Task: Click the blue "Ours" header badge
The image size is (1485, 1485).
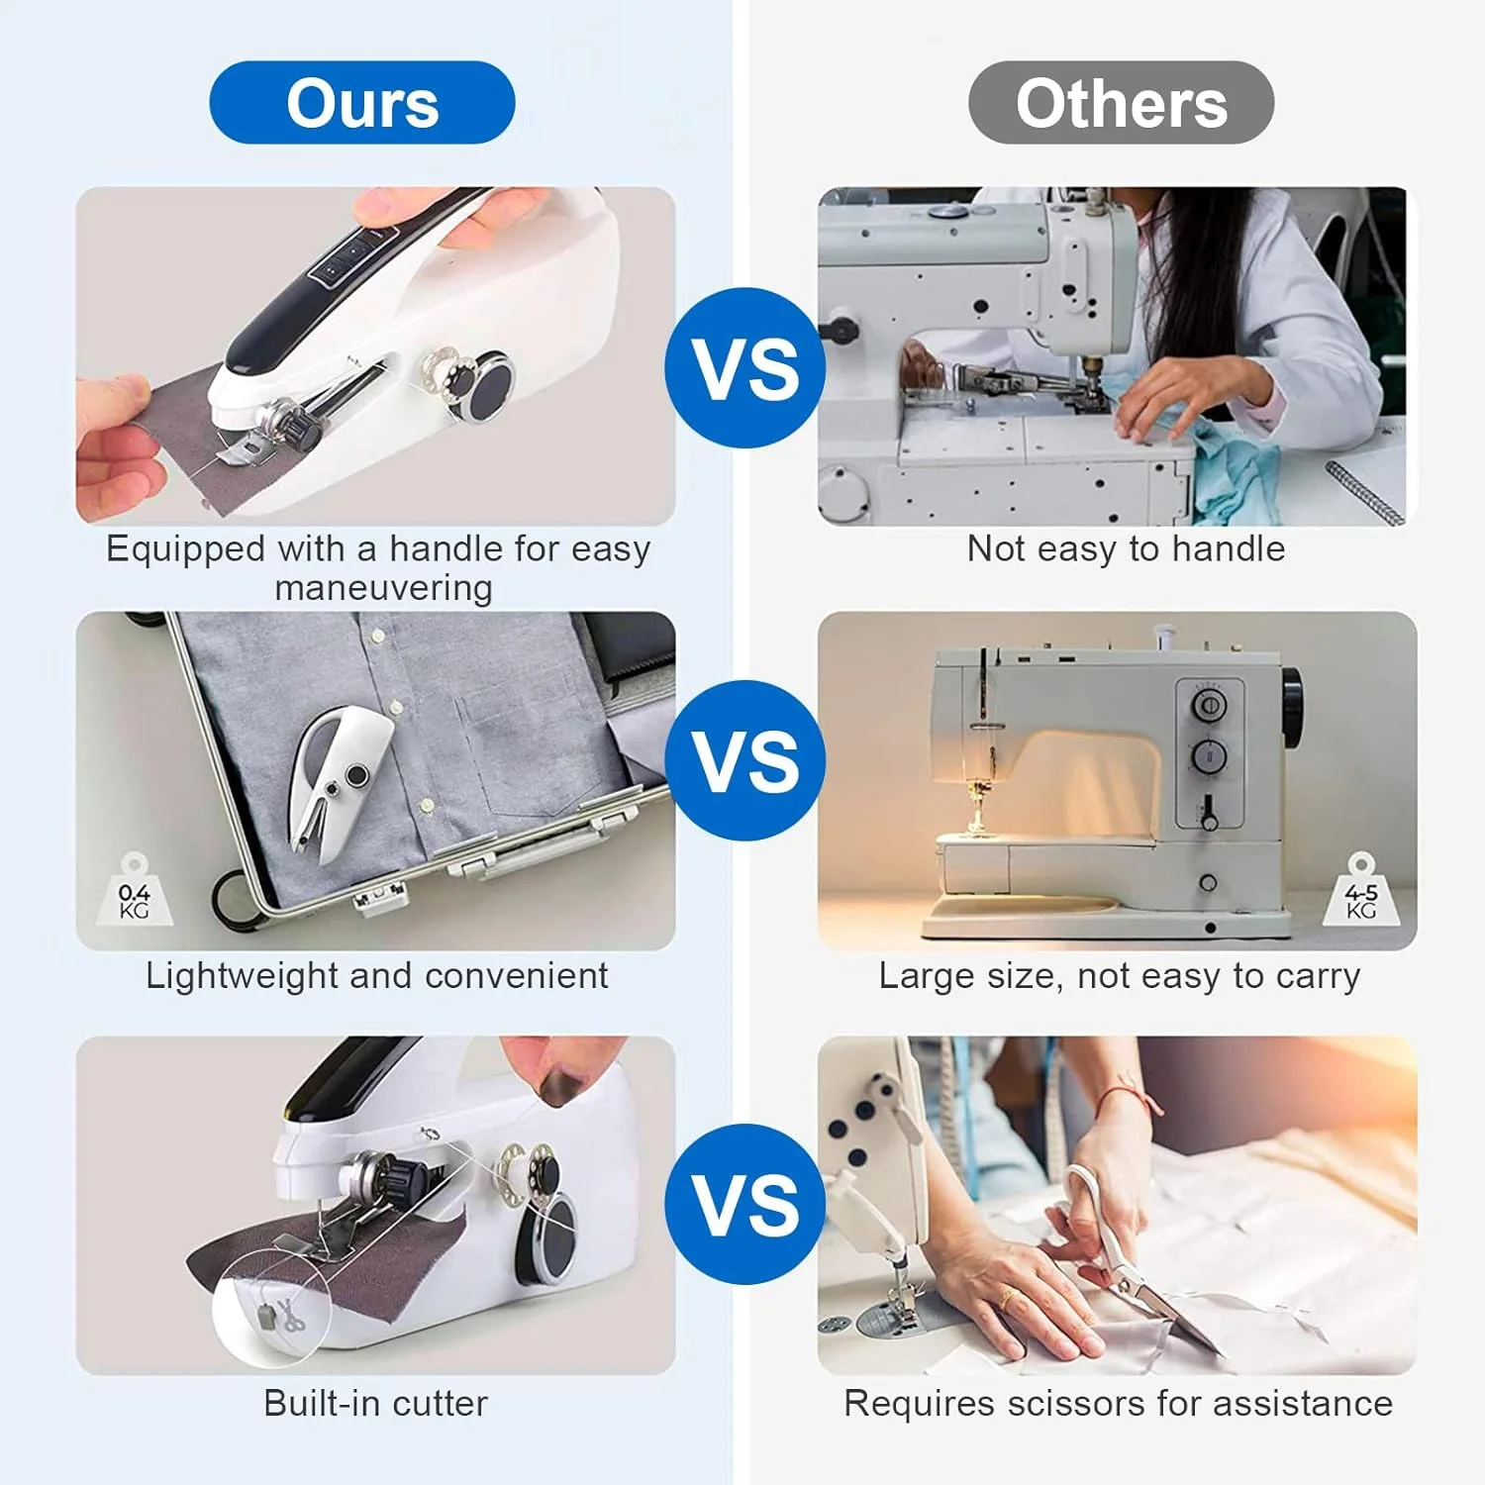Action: (362, 103)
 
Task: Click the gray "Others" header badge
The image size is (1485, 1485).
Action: (1121, 103)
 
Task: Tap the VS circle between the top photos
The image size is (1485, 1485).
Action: (745, 368)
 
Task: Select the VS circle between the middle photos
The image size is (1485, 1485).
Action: (745, 760)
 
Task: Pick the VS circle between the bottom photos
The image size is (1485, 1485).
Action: (745, 1204)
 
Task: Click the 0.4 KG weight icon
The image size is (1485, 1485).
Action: (135, 892)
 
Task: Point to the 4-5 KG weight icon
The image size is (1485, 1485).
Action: (1361, 892)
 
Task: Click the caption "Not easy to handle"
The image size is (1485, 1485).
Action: (1126, 548)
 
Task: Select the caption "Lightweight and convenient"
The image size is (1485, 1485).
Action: (376, 976)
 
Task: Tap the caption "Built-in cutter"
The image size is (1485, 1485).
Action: (375, 1403)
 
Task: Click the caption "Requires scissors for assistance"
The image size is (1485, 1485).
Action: (1118, 1403)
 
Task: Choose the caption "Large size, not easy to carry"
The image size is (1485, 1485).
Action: (1120, 976)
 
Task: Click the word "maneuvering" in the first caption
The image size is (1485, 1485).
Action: (383, 588)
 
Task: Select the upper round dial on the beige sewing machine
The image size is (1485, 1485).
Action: (1208, 705)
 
